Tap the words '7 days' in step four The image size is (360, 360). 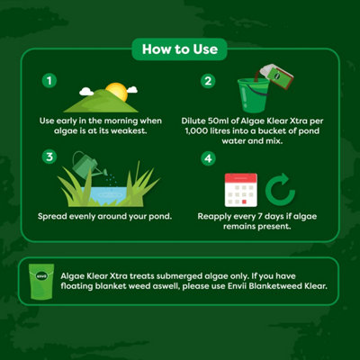pos(274,217)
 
